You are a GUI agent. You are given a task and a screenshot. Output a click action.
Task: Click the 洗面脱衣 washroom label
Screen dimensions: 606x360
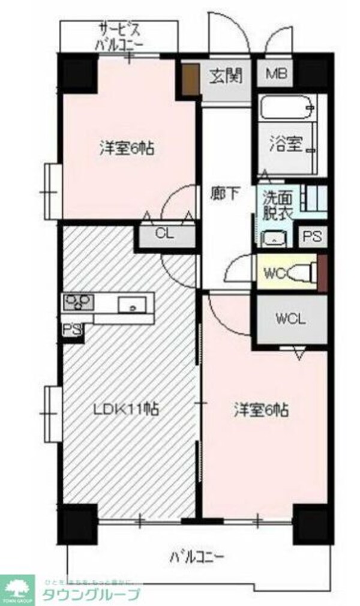(x=276, y=206)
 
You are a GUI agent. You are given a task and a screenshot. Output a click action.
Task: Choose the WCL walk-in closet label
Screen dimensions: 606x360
(x=291, y=319)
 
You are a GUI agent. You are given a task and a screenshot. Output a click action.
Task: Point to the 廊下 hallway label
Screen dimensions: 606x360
(x=226, y=193)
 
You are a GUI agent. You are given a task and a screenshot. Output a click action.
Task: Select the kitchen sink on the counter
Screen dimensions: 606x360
(x=131, y=305)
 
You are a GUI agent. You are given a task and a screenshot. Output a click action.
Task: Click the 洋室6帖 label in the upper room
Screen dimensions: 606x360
(x=127, y=148)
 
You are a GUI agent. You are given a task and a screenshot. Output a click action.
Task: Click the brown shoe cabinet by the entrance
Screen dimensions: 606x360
(x=191, y=79)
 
